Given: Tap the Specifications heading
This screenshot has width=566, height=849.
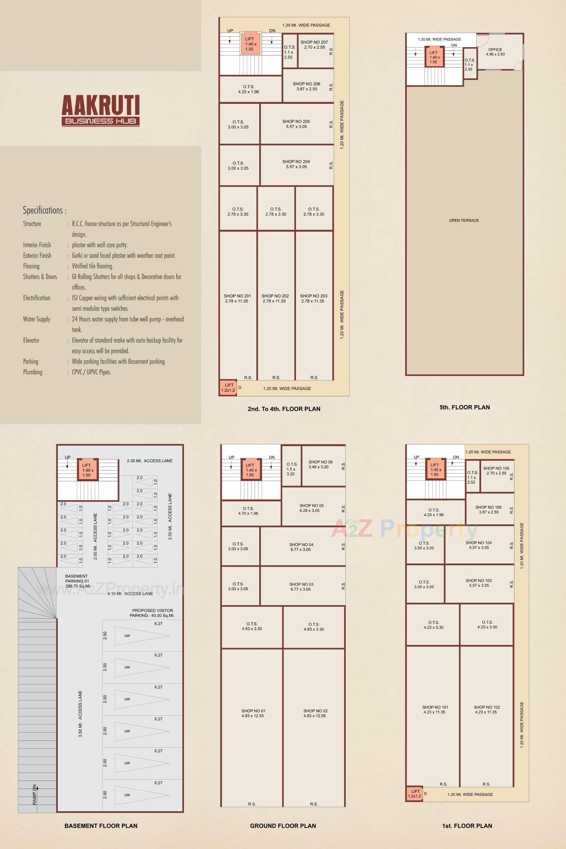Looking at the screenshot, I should pos(45,210).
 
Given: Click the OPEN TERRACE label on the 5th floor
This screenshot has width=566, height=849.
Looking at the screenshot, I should pos(464,220).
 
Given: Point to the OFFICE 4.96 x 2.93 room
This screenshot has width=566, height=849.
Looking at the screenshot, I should pos(495,52).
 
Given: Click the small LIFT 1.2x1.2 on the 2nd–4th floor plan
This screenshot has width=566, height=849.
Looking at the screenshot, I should pos(228,387).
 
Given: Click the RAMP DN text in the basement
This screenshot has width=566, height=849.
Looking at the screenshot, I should pos(35,794).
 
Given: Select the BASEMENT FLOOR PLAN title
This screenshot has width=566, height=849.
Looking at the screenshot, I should pos(101,825).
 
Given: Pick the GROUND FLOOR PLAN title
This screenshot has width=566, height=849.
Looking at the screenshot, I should pos(283,825).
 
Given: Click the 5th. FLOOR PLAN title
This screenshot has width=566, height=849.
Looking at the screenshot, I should pos(465,407).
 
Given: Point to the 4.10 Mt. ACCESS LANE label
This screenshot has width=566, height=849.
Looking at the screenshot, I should pos(130,594).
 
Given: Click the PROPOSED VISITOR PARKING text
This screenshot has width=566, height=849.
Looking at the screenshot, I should pos(152,613).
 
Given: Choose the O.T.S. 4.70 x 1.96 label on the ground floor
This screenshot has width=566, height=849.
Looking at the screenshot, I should pos(248,511).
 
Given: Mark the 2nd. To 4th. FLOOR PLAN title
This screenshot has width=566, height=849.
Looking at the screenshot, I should pos(284,409).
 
